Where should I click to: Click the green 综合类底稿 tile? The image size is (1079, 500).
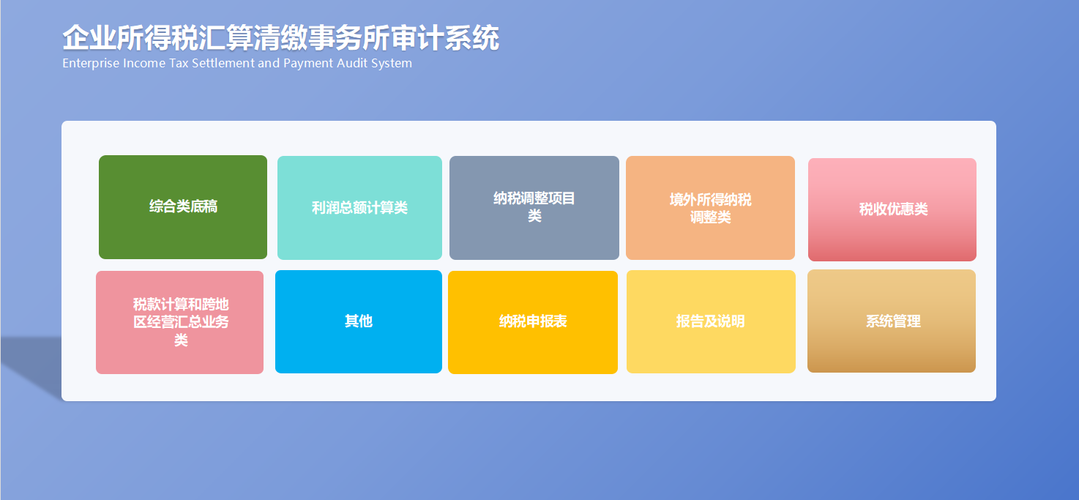coord(183,207)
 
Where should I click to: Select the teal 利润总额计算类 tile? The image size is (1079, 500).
coord(360,208)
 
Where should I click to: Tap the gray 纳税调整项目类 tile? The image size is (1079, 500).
coord(534,208)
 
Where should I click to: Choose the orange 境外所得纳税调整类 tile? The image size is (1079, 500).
coord(711,208)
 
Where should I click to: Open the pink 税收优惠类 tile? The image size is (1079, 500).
coord(892,209)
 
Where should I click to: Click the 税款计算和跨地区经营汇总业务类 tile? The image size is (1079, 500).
coord(179,322)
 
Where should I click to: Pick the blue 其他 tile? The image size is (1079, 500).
coord(359,322)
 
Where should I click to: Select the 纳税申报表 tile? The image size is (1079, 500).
coord(533,322)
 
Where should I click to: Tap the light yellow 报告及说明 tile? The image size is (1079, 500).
coord(711,322)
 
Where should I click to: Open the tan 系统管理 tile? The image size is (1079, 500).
coord(892,321)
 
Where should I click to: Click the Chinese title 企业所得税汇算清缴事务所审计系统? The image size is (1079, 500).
coord(281,37)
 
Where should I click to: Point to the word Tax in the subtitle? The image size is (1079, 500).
coord(179,63)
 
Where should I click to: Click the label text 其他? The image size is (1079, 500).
coord(359,321)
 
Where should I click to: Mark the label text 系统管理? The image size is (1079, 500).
coord(893,321)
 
